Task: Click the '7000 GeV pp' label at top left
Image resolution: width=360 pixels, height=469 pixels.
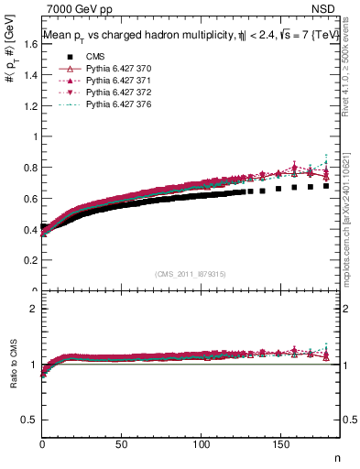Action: [x=73, y=7]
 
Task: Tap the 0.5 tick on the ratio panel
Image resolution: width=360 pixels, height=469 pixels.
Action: [x=29, y=420]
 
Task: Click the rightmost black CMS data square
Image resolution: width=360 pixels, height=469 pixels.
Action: [x=326, y=186]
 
